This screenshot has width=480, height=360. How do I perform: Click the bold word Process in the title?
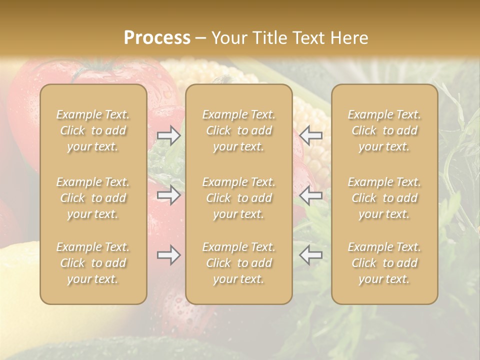(157, 38)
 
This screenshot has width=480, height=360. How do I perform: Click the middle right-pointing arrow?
(168, 195)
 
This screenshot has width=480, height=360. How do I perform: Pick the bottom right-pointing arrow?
(168, 255)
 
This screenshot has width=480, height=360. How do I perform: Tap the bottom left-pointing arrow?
(311, 255)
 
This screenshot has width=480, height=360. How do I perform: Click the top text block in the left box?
(93, 130)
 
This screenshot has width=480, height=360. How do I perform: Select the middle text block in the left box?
(93, 198)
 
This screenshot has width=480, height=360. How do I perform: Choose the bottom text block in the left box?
(93, 263)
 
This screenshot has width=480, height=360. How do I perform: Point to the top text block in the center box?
(238, 130)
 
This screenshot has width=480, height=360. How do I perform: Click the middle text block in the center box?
(238, 198)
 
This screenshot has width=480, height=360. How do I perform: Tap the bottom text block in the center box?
(238, 263)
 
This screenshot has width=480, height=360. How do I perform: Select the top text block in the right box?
(384, 130)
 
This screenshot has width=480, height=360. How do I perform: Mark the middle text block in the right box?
(384, 198)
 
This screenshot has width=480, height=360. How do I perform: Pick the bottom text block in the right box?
(384, 263)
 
